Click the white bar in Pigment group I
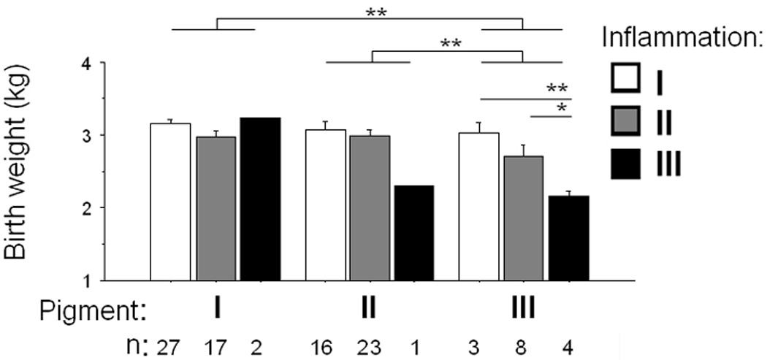pos(170,202)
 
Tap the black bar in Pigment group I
pos(260,199)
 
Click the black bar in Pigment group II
pos(414,233)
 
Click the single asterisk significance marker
pos(562,109)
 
